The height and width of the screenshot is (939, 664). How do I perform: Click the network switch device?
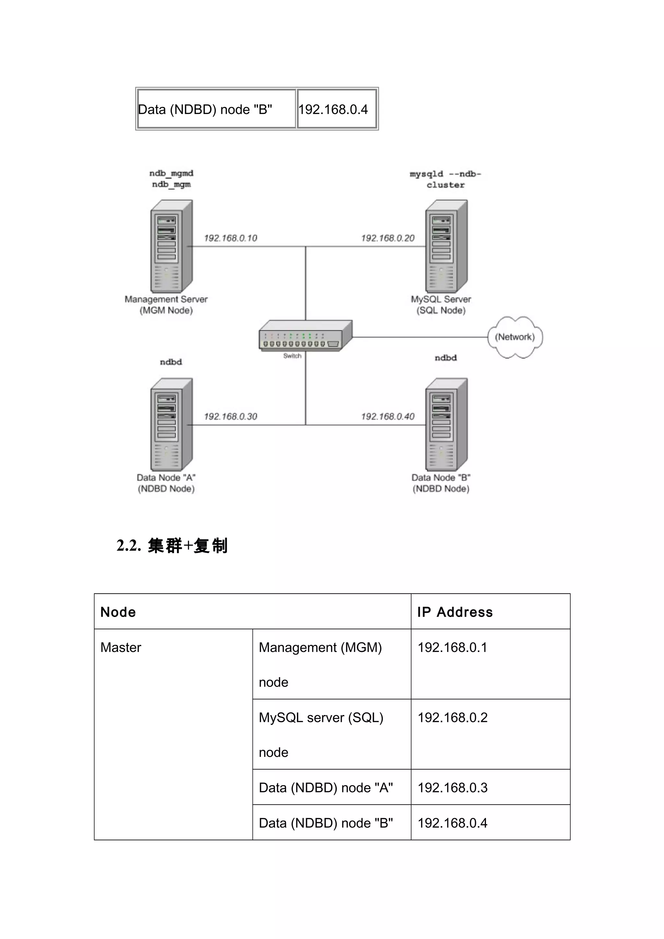pos(305,335)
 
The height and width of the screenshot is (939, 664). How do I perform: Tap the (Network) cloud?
pos(515,337)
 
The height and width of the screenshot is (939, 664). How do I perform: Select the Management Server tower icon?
pos(171,246)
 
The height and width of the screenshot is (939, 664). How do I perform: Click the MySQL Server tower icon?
pos(446,246)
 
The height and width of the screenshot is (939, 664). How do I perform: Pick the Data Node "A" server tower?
pos(171,424)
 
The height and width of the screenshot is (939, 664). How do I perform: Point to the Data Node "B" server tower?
pos(446,424)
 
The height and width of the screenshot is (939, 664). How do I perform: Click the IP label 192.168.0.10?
pos(230,238)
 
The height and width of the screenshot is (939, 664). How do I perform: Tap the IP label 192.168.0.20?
pos(387,238)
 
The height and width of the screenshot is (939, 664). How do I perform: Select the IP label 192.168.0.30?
pos(230,416)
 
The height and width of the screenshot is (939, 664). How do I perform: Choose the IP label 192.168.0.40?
pos(387,416)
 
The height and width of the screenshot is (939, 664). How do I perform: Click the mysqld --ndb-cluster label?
pos(445,180)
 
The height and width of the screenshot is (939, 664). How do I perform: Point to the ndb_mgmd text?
pos(171,173)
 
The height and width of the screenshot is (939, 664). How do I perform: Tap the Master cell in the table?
pos(121,647)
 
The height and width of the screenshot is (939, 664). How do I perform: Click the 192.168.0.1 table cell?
pos(452,647)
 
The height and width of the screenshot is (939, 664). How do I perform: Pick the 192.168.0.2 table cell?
pos(452,717)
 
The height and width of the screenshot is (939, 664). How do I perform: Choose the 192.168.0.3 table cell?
pos(452,787)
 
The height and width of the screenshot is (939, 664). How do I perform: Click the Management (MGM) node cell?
pos(320,664)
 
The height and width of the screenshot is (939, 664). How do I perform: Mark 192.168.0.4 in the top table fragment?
pos(333,109)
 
